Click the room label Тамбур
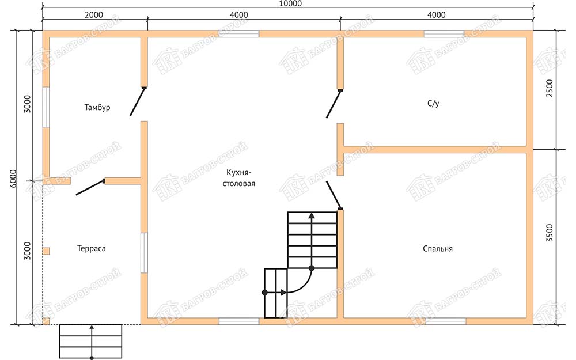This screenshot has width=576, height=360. [x=97, y=108]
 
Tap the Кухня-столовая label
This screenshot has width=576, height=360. [x=239, y=178]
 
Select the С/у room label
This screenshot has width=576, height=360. [x=434, y=104]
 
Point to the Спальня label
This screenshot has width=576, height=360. [x=438, y=249]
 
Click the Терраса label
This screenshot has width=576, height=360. [x=92, y=248]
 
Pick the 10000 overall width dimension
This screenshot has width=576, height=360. [x=290, y=3]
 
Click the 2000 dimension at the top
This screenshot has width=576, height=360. [x=94, y=15]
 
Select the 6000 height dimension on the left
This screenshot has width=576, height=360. [x=13, y=179]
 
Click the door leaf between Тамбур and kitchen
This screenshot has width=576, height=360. [x=138, y=101]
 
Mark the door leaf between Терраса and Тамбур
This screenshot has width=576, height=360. [x=90, y=187]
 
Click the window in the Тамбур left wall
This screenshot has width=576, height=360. [x=46, y=107]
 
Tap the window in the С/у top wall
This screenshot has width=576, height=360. [x=445, y=34]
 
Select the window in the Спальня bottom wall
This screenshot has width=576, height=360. [x=446, y=321]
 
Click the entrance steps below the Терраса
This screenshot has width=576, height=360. [x=91, y=341]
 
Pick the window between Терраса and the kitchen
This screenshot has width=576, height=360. [x=145, y=253]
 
